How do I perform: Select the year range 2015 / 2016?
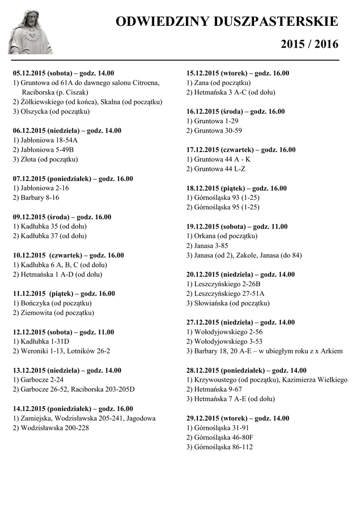point(309,44)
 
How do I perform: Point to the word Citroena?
point(146,83)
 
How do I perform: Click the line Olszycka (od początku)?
point(51,111)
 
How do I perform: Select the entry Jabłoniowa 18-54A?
point(45,140)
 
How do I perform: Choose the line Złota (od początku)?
point(45,160)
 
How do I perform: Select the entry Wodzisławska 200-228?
point(51,427)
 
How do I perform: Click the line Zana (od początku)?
point(219,83)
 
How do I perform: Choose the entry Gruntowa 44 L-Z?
point(216,169)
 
